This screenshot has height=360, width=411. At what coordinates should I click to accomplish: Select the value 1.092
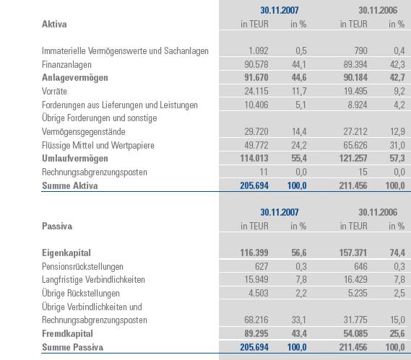[259, 51]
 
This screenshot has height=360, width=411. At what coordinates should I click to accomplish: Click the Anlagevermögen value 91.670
[255, 78]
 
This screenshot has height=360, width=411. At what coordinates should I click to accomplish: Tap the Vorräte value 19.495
[354, 92]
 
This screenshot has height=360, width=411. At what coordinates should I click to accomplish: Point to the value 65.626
[354, 145]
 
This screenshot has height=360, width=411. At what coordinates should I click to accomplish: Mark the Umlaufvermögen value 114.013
[253, 158]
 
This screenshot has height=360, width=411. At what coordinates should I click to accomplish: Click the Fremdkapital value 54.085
[354, 334]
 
